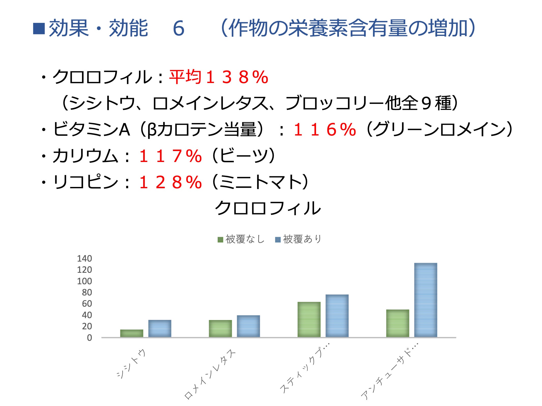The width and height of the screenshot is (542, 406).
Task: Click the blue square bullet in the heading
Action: coord(39,29)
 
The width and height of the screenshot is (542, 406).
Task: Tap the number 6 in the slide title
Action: coord(178,28)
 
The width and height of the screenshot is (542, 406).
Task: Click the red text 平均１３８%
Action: coord(219,77)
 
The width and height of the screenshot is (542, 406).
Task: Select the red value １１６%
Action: coord(325,129)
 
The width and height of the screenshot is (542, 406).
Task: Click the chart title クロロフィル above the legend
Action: coord(268,208)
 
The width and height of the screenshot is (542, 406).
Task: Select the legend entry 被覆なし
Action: coord(241,239)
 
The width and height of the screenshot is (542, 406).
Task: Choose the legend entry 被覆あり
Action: coord(299,239)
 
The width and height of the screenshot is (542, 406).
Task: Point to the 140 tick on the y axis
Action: coord(84,259)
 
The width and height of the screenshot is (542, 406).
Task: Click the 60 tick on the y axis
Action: coord(87,304)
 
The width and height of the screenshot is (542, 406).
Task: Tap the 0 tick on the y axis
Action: coord(89,338)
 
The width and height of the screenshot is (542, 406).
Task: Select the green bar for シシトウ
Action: coord(132,333)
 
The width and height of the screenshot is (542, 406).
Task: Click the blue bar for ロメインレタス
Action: coord(248,326)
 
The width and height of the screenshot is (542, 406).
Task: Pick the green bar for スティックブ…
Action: coord(309,319)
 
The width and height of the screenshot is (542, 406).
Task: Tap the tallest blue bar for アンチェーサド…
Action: coord(425,300)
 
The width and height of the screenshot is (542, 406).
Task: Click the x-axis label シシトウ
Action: coord(131,364)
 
